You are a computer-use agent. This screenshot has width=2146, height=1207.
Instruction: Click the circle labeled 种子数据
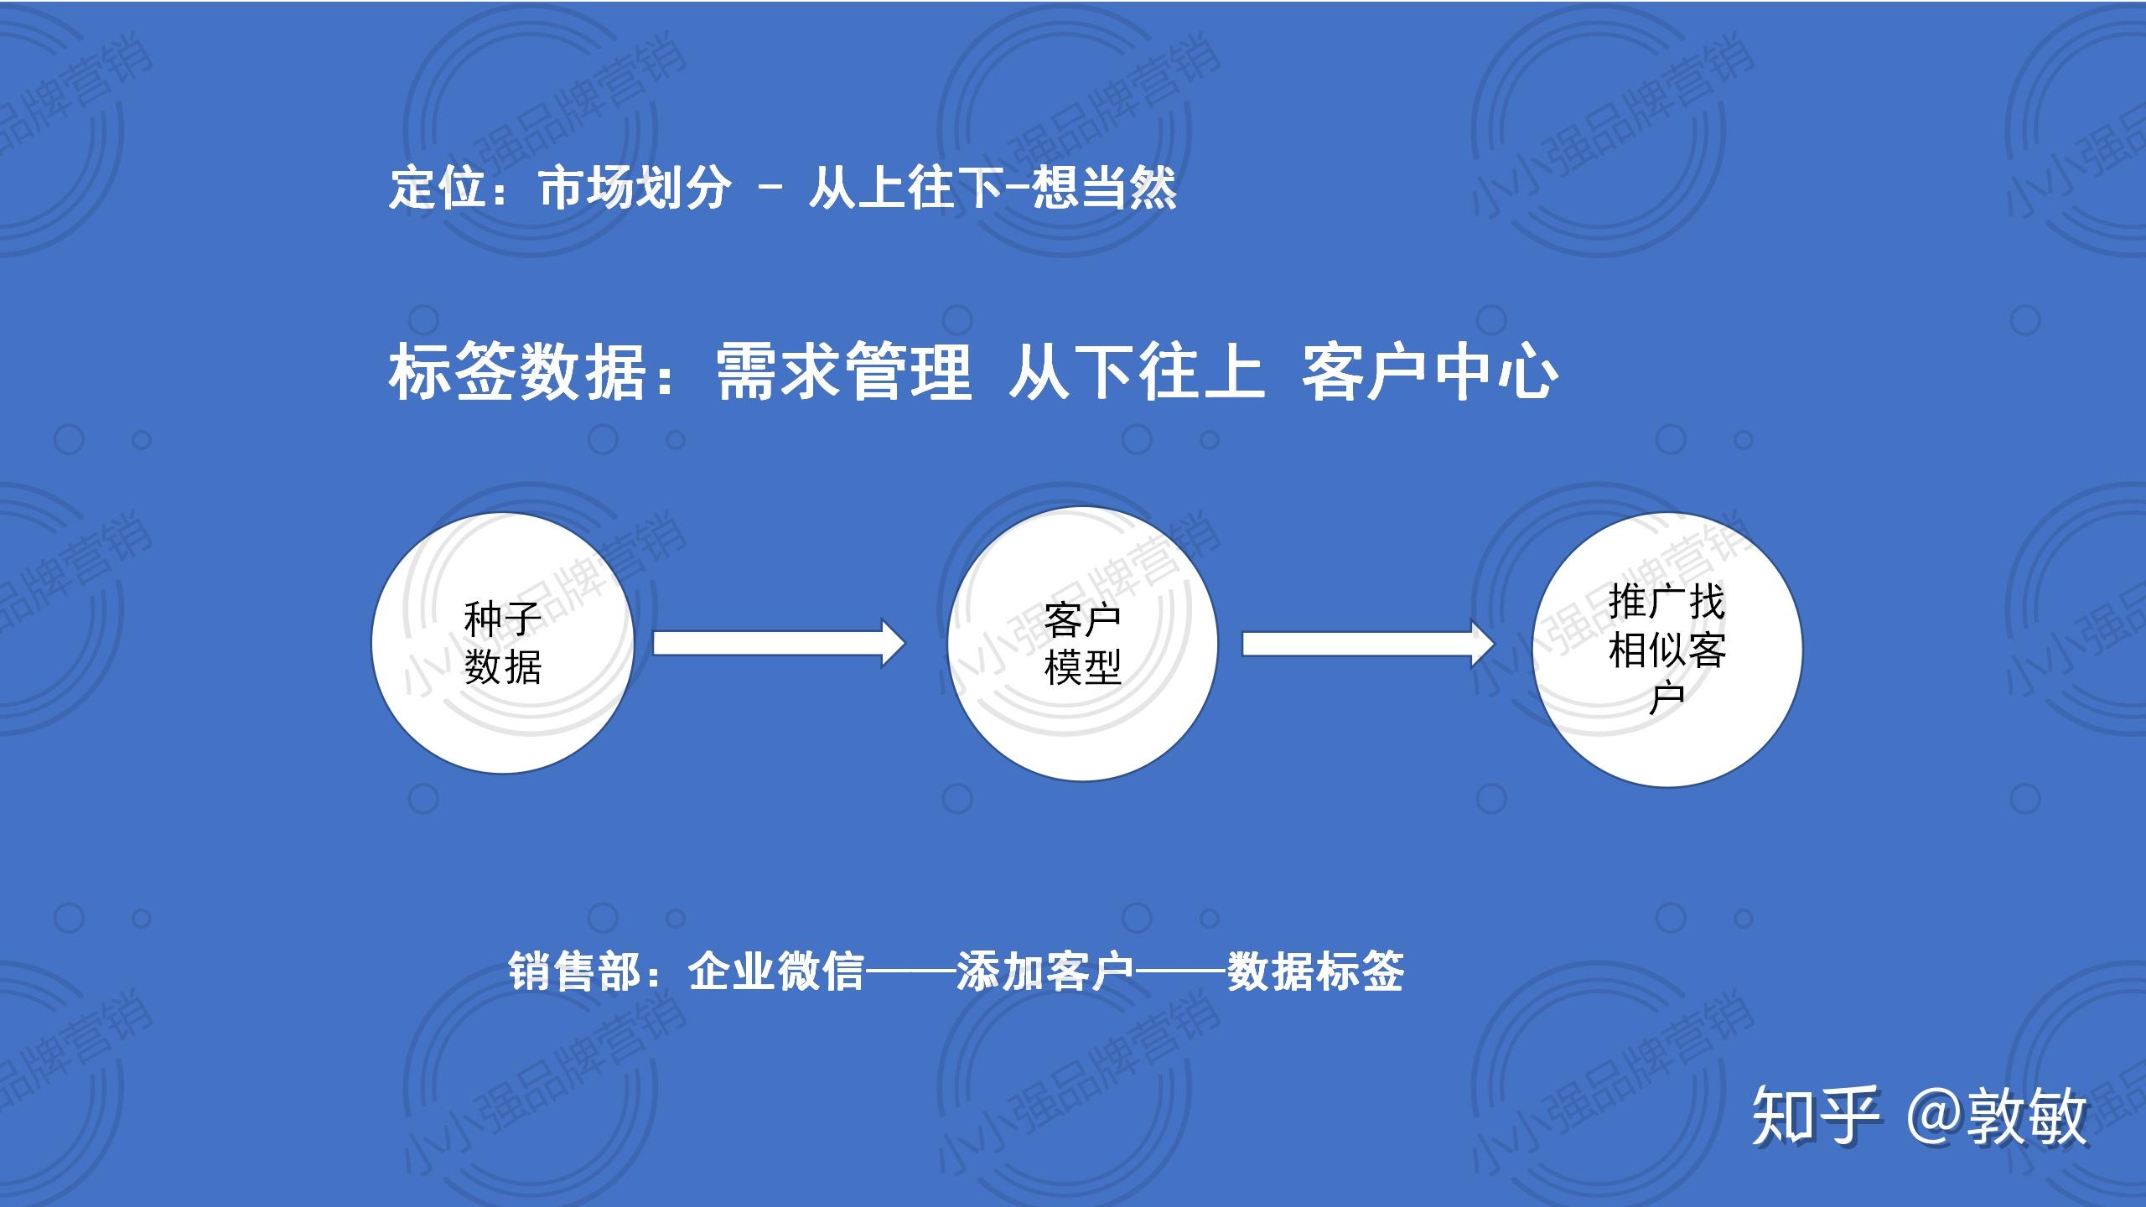tap(503, 643)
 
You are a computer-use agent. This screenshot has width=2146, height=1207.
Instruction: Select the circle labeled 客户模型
tap(1082, 644)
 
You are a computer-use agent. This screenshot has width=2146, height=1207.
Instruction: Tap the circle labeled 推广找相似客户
tap(1667, 650)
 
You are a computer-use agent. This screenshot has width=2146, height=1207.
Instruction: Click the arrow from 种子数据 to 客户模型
tap(779, 644)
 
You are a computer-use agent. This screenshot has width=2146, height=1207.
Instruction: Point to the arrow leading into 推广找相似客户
tap(1367, 644)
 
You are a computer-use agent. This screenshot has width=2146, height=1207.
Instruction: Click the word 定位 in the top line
tap(438, 188)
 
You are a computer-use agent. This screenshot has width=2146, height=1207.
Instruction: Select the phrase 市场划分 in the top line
tap(635, 188)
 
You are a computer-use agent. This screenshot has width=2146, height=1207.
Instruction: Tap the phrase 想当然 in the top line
tap(1104, 188)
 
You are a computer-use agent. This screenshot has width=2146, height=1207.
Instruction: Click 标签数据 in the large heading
tap(517, 372)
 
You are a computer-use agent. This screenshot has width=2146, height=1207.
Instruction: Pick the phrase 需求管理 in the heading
tap(844, 372)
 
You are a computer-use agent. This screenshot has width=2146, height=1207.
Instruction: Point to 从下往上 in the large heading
tap(1136, 372)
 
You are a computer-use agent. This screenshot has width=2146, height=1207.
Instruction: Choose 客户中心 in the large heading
tap(1429, 372)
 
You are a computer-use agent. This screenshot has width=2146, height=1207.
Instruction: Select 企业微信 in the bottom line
tap(775, 972)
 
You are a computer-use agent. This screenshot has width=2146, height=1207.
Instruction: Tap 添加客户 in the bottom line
tap(1045, 972)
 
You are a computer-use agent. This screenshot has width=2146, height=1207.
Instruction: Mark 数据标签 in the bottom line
tap(1315, 972)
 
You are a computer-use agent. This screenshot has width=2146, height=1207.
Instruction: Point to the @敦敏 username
tap(1996, 1116)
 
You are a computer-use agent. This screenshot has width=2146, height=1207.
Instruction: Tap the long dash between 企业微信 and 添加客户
tap(910, 972)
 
